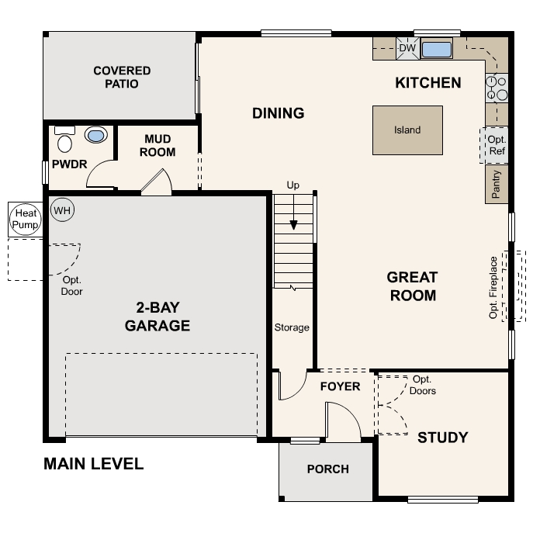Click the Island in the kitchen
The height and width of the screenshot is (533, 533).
(407, 130)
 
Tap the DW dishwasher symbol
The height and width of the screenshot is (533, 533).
(407, 49)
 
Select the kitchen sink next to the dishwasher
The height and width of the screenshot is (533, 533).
(436, 50)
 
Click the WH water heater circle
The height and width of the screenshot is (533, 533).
(62, 209)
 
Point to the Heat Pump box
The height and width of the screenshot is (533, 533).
(23, 219)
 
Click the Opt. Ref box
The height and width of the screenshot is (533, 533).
(497, 145)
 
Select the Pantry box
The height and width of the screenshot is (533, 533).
(497, 185)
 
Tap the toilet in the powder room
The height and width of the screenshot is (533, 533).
(64, 141)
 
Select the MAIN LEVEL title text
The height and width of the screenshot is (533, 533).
(93, 464)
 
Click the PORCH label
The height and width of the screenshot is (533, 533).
(327, 469)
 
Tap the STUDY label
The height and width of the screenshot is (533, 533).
(442, 438)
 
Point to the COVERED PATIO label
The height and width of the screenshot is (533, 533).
(122, 77)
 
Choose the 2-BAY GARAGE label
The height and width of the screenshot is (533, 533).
(157, 317)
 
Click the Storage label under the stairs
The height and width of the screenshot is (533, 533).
(292, 327)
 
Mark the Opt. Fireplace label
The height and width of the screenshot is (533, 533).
(493, 288)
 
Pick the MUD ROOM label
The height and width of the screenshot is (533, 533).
(157, 146)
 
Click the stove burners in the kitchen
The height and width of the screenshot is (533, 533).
(497, 88)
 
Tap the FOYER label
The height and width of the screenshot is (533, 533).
(340, 386)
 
